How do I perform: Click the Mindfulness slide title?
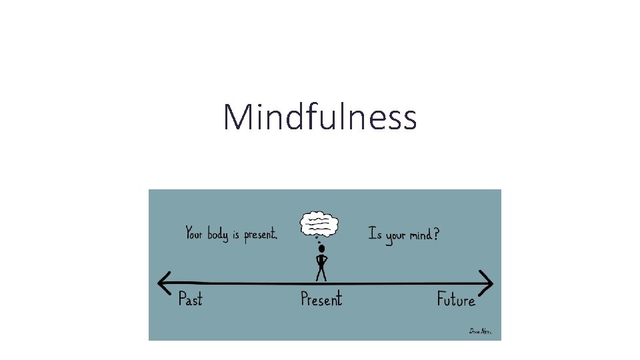pyautogui.click(x=320, y=117)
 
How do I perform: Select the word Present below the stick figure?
pyautogui.click(x=321, y=299)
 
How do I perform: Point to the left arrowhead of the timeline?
pyautogui.click(x=163, y=283)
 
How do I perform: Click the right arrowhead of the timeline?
pyautogui.click(x=488, y=283)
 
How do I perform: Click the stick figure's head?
pyautogui.click(x=321, y=249)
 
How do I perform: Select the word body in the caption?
pyautogui.click(x=217, y=235)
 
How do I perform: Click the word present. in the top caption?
pyautogui.click(x=260, y=235)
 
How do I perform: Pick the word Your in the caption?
pyautogui.click(x=194, y=233)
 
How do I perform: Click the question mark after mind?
pyautogui.click(x=436, y=234)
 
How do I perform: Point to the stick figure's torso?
pyautogui.click(x=321, y=261)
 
